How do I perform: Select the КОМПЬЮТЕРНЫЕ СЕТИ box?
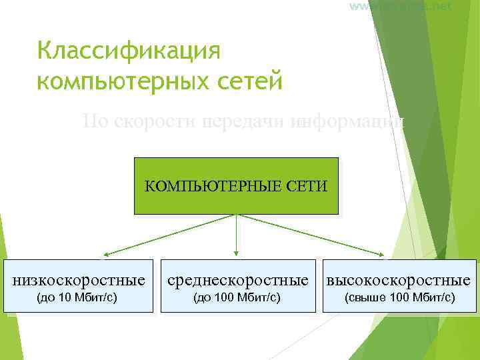[236, 185]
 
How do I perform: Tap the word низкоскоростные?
[79, 279]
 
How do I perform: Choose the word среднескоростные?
[238, 279]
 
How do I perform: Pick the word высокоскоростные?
[398, 279]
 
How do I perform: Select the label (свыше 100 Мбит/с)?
[399, 297]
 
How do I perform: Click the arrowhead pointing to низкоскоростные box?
[105, 254]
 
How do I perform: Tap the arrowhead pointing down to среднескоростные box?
[236, 253]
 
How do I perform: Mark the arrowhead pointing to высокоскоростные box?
[382, 254]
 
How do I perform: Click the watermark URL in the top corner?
[399, 6]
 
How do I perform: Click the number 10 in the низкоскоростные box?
[65, 297]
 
